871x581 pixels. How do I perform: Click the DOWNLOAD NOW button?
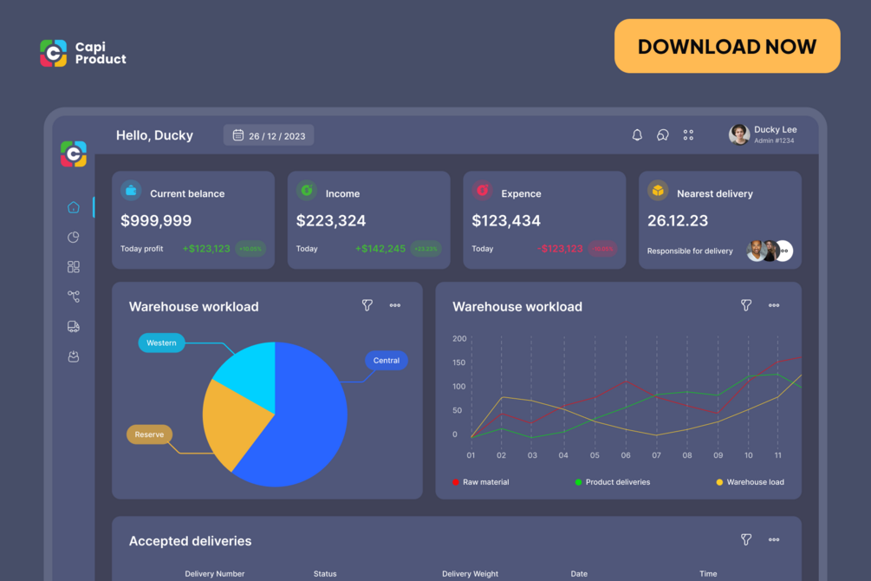tap(727, 46)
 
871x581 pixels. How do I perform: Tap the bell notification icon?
tap(637, 134)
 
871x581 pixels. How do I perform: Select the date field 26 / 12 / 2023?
tap(269, 135)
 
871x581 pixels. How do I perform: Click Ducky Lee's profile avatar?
tap(739, 134)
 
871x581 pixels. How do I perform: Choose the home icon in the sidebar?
tap(74, 207)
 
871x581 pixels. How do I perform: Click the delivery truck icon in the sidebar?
tap(74, 327)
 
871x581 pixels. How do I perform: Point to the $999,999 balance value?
tap(156, 221)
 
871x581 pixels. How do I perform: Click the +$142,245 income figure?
tap(380, 249)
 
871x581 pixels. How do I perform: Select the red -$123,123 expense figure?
tap(560, 249)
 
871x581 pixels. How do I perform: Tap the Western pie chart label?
tap(161, 343)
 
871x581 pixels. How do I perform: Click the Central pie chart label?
tap(387, 361)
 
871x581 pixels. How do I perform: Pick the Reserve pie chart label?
tap(149, 434)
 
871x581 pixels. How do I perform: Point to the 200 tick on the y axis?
tap(459, 339)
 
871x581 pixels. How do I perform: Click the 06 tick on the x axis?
tap(626, 455)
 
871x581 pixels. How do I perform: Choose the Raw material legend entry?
tap(485, 482)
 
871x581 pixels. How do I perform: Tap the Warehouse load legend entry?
tap(754, 482)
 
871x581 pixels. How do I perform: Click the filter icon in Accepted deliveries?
tap(746, 540)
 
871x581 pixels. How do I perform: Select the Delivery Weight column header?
tap(470, 573)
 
